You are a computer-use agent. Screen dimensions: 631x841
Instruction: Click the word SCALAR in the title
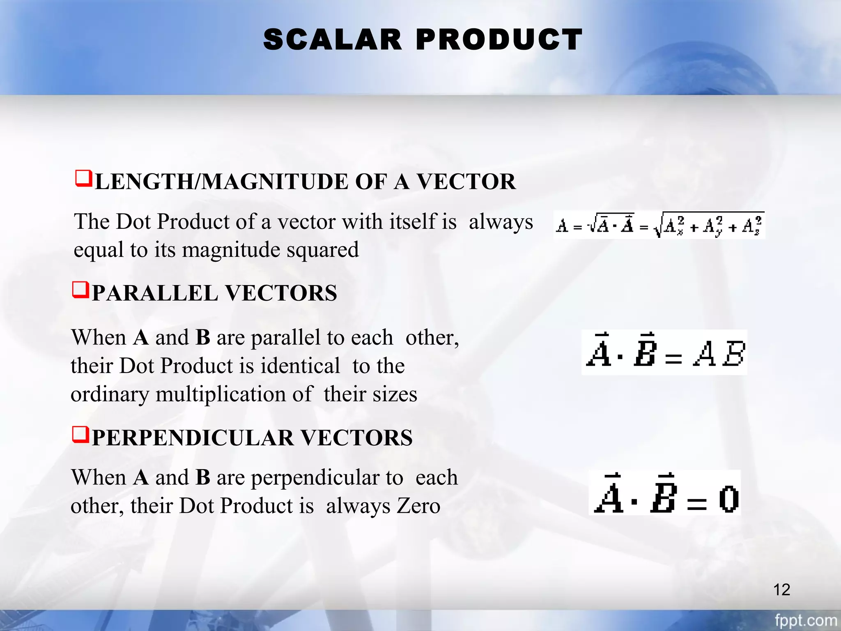(x=332, y=40)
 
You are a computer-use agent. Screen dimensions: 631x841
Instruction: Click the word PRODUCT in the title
(x=499, y=40)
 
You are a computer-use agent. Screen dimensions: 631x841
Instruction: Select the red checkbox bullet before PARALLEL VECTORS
(x=80, y=290)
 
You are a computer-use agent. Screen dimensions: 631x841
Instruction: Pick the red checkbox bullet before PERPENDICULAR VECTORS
(x=80, y=434)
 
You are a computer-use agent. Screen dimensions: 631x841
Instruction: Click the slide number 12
(x=781, y=590)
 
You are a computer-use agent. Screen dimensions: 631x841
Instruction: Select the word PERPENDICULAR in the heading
(x=193, y=438)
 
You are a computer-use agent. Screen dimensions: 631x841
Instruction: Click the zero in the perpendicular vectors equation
(x=729, y=499)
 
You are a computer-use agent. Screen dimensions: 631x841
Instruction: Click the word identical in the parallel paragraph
(x=301, y=366)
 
